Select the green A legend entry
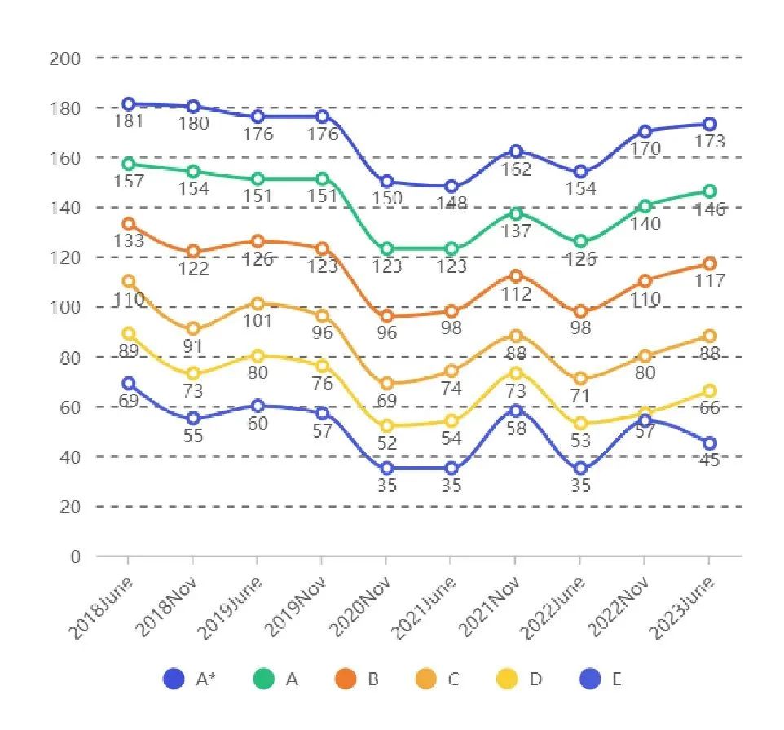tap(276, 679)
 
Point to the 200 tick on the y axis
tap(65, 58)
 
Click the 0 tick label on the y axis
tap(76, 556)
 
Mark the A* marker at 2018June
tap(129, 104)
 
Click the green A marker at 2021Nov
tap(516, 213)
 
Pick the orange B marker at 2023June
tap(710, 264)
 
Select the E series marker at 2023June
tap(710, 443)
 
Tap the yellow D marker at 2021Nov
tap(516, 373)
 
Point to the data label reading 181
tap(129, 122)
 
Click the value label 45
tap(710, 461)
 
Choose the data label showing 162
tap(516, 169)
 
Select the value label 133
tap(129, 241)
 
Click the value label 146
tap(710, 209)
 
